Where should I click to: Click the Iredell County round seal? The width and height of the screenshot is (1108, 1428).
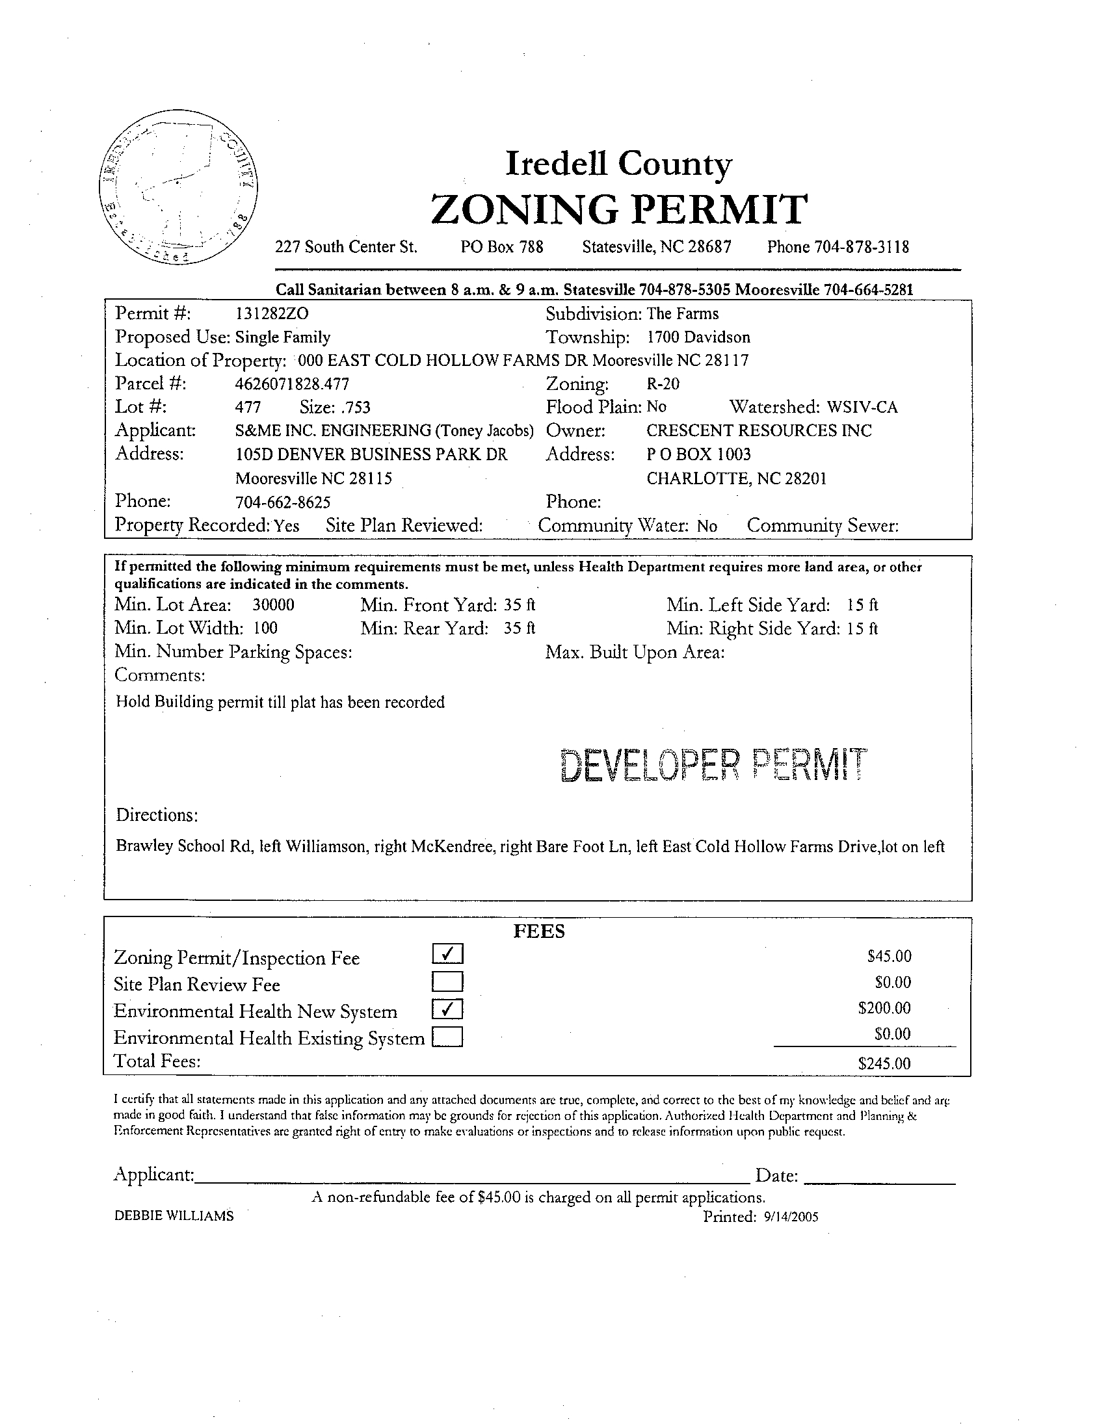coord(179,187)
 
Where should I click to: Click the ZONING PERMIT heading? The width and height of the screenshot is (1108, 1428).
coord(619,209)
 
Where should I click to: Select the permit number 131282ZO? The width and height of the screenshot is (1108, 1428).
coord(271,314)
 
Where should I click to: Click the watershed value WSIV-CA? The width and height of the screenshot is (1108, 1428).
coord(862,408)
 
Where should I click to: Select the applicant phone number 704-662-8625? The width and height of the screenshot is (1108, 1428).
coord(283,502)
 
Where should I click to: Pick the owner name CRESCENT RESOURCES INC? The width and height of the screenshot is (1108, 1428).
coord(759,431)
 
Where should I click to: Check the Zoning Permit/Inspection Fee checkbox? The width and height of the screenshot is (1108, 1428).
coord(447,955)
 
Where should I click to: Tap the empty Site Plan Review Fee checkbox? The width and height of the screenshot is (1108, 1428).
coord(447,982)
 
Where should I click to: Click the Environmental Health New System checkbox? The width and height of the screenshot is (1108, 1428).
coord(447,1009)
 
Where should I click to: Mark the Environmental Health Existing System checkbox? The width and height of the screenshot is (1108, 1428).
coord(447,1037)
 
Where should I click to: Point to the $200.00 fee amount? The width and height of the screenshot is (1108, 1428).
coord(884,1008)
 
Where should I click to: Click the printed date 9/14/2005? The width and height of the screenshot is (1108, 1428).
coord(790,1217)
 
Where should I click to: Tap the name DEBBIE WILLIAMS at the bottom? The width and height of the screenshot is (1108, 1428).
coord(174,1216)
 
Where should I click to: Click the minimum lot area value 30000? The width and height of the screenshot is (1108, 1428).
coord(273,605)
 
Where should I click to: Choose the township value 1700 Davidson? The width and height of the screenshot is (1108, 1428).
coord(698,337)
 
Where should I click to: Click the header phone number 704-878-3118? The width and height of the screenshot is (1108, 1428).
coord(862,247)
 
